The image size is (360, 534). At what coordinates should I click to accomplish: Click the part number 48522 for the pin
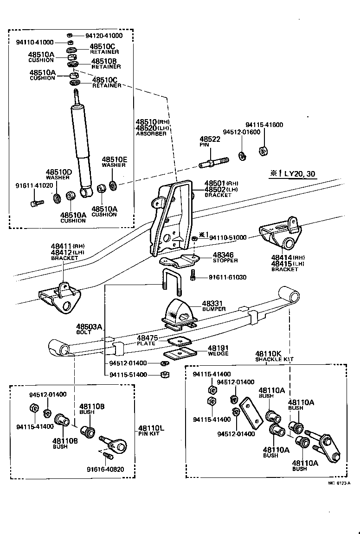(210, 139)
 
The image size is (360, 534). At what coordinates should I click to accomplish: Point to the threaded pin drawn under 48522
(214, 163)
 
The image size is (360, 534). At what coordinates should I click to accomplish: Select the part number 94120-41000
(104, 36)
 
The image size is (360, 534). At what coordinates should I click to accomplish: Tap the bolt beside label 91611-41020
(35, 203)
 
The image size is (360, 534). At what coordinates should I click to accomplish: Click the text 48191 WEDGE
(218, 350)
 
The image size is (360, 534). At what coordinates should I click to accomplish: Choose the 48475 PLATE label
(148, 340)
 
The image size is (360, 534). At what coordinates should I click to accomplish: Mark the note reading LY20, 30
(293, 174)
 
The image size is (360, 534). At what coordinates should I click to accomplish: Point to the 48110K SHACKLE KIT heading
(274, 356)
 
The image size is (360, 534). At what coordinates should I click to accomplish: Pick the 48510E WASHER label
(114, 162)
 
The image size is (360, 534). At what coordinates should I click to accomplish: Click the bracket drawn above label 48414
(281, 234)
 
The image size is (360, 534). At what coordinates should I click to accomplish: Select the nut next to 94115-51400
(163, 375)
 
